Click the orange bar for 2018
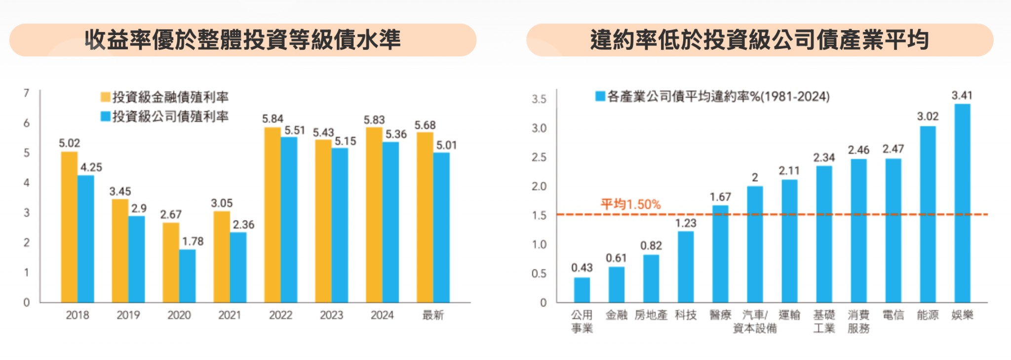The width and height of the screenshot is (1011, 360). coord(69,227)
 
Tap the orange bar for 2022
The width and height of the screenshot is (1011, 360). coord(272,215)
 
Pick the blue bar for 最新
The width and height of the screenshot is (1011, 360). coord(441,227)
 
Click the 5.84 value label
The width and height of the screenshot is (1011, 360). coord(272,119)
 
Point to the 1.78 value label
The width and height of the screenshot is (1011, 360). coord(193,241)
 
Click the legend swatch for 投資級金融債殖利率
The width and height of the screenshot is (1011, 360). coord(105,97)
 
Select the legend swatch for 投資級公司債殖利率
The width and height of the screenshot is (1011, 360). coord(105,117)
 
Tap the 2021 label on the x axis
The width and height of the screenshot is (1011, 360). coord(230,315)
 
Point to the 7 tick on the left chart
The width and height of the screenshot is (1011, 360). coord(27,93)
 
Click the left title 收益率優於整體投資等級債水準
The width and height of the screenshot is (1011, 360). coord(242,40)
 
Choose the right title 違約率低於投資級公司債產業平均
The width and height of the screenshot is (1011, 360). coord(759,40)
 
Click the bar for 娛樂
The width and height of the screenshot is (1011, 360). coord(962,203)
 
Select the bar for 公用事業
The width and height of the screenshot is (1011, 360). coord(582,290)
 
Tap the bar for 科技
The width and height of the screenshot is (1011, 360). coord(686,267)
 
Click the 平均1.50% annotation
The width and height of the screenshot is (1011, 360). coord(630,204)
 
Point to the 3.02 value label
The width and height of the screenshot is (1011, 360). coord(928,117)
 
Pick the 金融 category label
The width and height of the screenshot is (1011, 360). coord(616,315)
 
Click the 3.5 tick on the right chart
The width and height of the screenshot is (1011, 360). coord(539,99)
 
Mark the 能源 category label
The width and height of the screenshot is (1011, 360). coord(928,315)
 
